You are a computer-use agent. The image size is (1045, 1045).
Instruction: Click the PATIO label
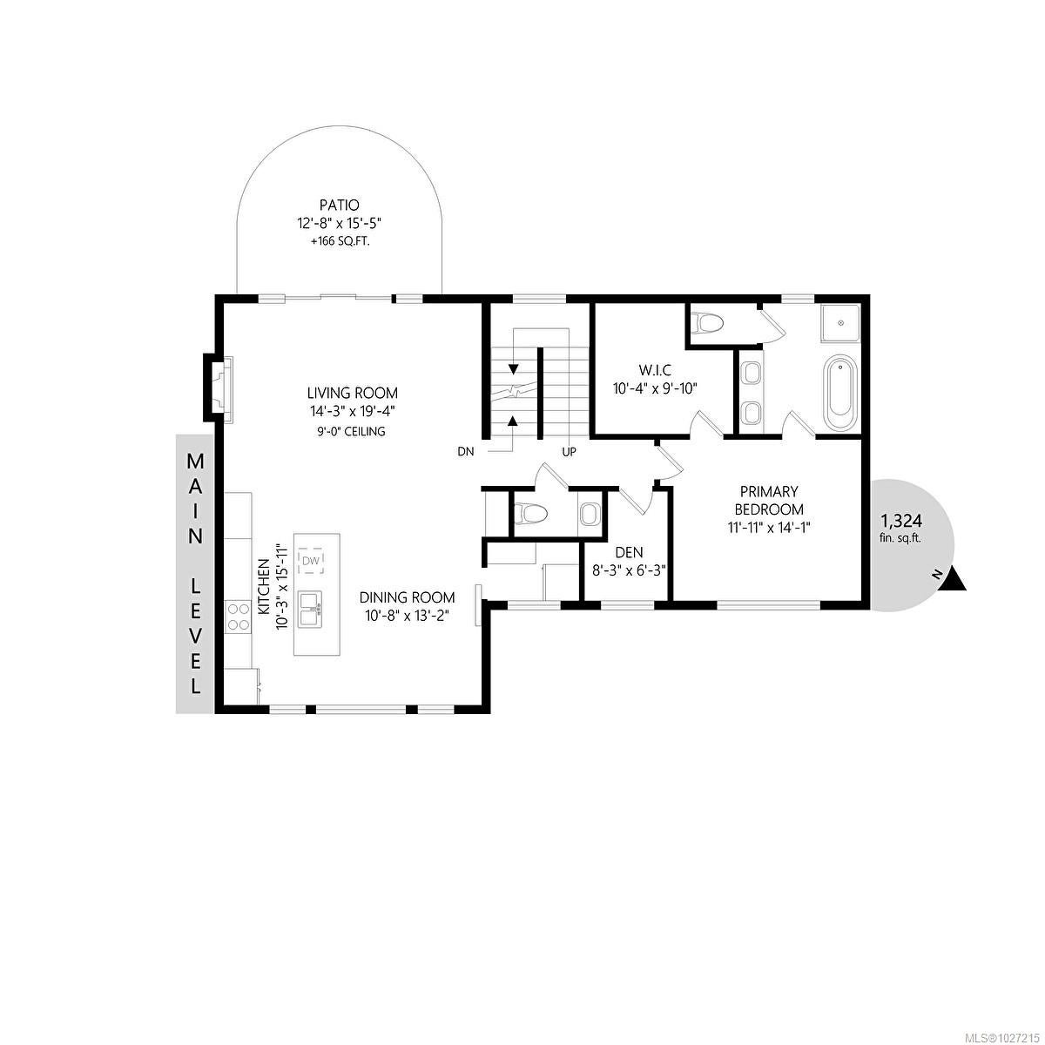(x=339, y=206)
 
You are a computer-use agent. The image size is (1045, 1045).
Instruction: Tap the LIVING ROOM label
(x=353, y=393)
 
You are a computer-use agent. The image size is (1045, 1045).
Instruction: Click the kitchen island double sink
(x=310, y=610)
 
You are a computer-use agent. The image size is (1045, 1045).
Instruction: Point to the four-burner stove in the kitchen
(x=238, y=617)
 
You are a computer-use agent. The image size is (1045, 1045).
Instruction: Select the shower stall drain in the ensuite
(x=841, y=323)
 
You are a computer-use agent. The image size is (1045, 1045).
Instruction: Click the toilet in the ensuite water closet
(x=708, y=324)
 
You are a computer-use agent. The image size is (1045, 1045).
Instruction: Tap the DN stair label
(x=466, y=451)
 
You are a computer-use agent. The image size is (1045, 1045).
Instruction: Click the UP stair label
(x=569, y=451)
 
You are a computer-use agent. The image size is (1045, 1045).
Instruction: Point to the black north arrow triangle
(x=954, y=578)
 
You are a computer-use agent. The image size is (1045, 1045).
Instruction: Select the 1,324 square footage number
(x=901, y=522)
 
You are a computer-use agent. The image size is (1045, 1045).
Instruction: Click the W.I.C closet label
(x=655, y=370)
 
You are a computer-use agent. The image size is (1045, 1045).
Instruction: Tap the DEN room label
(x=629, y=553)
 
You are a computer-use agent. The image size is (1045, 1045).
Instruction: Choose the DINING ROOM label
(x=407, y=597)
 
